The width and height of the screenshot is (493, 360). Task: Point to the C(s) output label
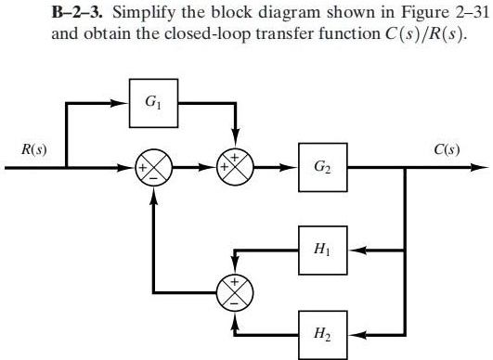tap(451, 149)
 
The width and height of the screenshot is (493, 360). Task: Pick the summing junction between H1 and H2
tap(235, 289)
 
